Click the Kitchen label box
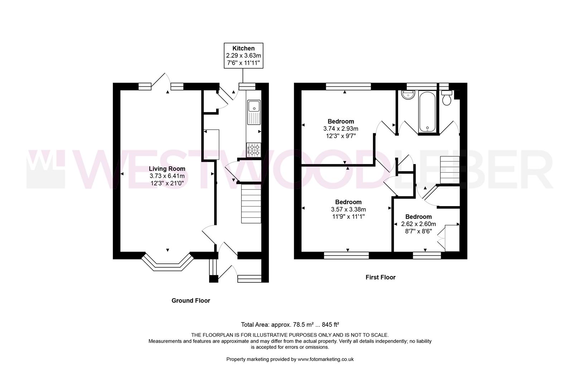click(243, 56)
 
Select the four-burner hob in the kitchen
click(254, 150)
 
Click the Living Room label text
click(167, 168)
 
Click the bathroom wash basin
click(408, 96)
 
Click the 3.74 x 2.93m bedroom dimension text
click(340, 129)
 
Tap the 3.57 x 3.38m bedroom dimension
click(348, 210)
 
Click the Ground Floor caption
click(190, 301)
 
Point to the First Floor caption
click(380, 277)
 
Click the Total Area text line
click(290, 325)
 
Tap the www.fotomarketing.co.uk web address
click(325, 359)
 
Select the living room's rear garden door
click(160, 82)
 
